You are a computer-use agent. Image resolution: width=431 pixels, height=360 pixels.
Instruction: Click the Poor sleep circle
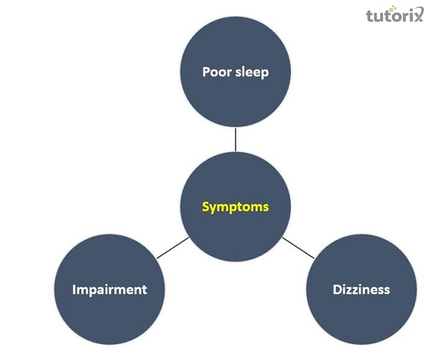pyautogui.click(x=236, y=72)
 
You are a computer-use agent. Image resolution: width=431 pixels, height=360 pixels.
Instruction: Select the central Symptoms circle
pyautogui.click(x=236, y=206)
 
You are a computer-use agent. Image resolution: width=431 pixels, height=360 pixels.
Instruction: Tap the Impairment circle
pyautogui.click(x=110, y=290)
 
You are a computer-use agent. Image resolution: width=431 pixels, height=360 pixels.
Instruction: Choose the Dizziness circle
pyautogui.click(x=361, y=290)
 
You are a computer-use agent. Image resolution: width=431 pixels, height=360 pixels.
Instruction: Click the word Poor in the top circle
pyautogui.click(x=217, y=72)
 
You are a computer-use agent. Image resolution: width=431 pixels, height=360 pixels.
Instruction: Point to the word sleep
pyautogui.click(x=252, y=73)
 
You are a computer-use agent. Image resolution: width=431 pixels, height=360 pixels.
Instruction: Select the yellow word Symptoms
pyautogui.click(x=236, y=208)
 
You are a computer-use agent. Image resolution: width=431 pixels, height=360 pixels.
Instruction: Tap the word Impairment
pyautogui.click(x=110, y=290)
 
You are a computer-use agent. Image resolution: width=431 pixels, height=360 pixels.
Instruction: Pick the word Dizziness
pyautogui.click(x=361, y=290)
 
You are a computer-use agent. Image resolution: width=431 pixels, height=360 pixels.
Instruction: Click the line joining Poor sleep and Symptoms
pyautogui.click(x=236, y=139)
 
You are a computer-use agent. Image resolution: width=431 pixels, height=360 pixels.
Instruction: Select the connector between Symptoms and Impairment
pyautogui.click(x=172, y=248)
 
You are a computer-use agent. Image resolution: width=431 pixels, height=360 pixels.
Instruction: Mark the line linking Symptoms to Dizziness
pyautogui.click(x=298, y=248)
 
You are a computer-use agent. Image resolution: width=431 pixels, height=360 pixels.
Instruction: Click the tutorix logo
pyautogui.click(x=394, y=14)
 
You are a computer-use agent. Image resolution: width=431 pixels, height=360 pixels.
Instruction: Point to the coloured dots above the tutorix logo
pyautogui.click(x=394, y=8)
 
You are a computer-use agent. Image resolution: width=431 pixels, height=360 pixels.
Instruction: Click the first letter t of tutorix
pyautogui.click(x=370, y=15)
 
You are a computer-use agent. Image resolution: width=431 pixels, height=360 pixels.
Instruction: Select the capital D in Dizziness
pyautogui.click(x=338, y=290)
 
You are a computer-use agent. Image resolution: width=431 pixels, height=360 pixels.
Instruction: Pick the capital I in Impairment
pyautogui.click(x=74, y=290)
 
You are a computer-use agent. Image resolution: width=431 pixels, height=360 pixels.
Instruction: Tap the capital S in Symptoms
pyautogui.click(x=206, y=207)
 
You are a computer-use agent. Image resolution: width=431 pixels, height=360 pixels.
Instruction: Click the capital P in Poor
pyautogui.click(x=206, y=72)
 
